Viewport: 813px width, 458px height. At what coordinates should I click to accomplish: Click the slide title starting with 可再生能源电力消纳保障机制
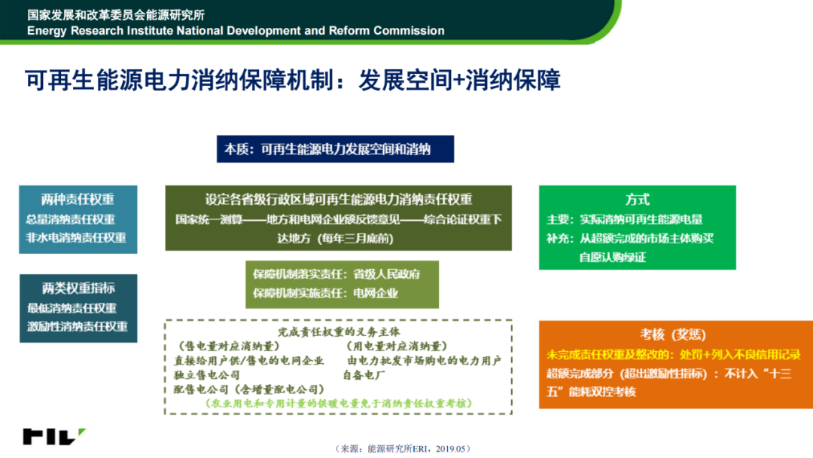tap(293, 81)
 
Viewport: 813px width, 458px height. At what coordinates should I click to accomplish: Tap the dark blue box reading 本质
tap(335, 149)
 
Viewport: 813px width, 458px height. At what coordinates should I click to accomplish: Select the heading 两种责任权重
tap(78, 199)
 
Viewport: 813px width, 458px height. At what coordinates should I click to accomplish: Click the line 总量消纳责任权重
tap(71, 219)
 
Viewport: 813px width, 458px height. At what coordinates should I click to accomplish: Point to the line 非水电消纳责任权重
tap(76, 237)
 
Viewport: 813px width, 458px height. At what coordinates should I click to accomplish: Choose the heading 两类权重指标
tap(78, 288)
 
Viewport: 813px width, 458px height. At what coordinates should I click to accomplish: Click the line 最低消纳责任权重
tap(72, 308)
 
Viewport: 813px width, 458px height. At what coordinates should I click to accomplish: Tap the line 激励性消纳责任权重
tap(78, 326)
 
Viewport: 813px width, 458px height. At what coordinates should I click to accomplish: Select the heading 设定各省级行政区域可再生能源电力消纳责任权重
tap(339, 199)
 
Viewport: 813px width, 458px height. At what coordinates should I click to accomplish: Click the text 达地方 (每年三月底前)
tap(336, 238)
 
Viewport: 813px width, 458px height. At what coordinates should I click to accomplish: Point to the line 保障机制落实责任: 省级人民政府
tap(336, 274)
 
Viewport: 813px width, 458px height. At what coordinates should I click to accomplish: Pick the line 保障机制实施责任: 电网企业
tap(325, 293)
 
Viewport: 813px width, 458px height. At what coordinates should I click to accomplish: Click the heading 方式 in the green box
tap(638, 199)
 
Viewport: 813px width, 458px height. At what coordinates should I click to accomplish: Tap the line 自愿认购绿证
tap(613, 258)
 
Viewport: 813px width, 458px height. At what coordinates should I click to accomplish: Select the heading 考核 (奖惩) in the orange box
tap(673, 334)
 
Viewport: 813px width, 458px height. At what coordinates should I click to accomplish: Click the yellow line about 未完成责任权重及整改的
tap(674, 355)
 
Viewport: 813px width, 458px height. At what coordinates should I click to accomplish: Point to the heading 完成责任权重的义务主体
tap(339, 332)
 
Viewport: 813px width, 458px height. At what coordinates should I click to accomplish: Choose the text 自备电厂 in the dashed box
tap(364, 374)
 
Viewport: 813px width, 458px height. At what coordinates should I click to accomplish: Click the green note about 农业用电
tap(339, 403)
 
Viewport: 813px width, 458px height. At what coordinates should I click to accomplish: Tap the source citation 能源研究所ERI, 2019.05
tap(403, 449)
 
